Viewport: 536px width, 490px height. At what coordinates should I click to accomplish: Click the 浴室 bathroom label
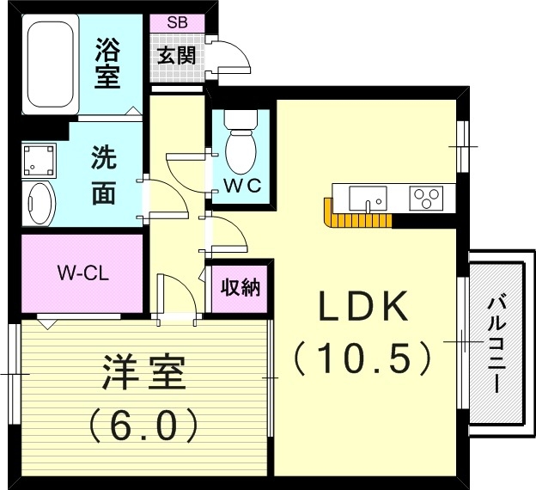107,62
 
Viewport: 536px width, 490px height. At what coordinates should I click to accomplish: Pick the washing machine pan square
40,159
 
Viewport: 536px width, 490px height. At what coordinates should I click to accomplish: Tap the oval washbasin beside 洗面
40,203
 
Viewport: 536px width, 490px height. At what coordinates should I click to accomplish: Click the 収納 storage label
240,288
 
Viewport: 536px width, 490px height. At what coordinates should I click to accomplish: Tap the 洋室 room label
143,376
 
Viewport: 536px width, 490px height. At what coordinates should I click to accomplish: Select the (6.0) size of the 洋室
143,423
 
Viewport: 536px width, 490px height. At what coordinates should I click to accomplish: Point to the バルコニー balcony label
496,344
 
